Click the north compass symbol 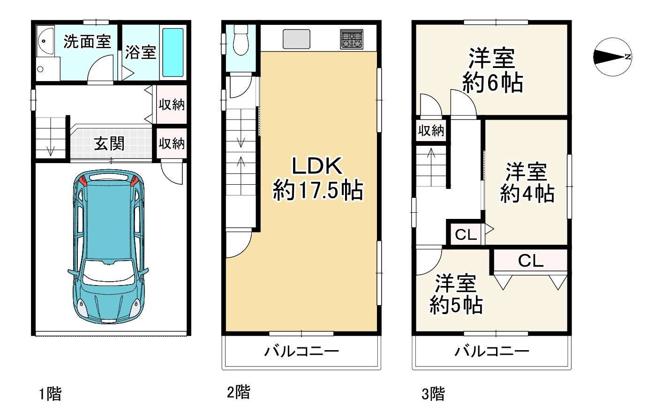613,57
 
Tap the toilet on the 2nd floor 241,39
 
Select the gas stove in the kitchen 352,39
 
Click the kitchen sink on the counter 296,39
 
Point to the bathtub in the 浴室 173,52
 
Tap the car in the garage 108,247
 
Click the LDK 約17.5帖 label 317,178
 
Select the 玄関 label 109,143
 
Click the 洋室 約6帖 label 492,70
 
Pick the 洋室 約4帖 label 527,183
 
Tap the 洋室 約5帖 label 456,294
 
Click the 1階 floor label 50,393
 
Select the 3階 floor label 433,393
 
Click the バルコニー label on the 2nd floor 301,351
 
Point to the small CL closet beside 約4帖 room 466,234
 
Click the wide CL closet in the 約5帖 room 530,261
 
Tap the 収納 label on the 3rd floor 431,130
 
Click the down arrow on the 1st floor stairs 51,151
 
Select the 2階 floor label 239,391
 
